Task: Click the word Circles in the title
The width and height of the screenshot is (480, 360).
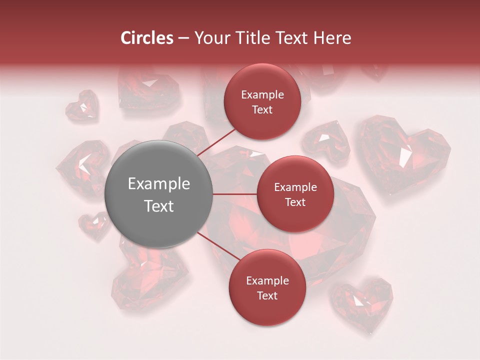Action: click(x=146, y=38)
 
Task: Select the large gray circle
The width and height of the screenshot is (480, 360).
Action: click(x=159, y=194)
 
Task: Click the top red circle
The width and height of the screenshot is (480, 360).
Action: click(x=262, y=101)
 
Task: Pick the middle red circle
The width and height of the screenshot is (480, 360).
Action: click(x=295, y=194)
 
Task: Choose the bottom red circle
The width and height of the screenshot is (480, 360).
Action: click(x=267, y=287)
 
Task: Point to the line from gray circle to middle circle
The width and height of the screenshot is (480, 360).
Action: click(x=235, y=194)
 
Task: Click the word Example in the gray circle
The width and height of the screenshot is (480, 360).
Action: click(x=159, y=184)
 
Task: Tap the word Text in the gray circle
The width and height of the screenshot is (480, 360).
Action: click(x=159, y=206)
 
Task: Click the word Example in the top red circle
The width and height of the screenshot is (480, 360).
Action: click(x=262, y=94)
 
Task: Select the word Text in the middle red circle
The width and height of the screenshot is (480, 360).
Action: click(x=295, y=202)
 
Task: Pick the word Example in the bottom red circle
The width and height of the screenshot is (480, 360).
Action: click(x=267, y=280)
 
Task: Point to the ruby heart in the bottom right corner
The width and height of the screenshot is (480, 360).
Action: click(x=363, y=303)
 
